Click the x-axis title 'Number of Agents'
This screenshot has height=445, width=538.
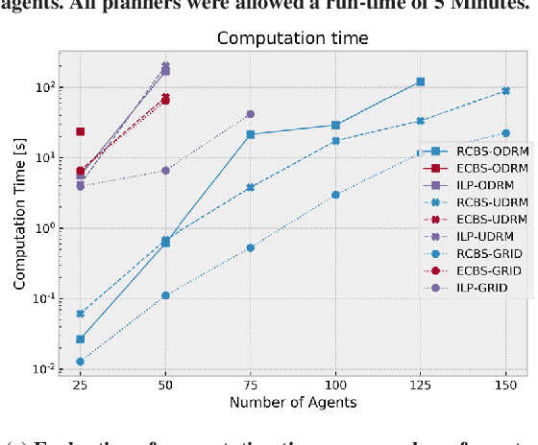point(292,403)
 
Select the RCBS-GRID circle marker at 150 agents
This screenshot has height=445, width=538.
point(505,133)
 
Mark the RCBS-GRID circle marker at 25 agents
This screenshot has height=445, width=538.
point(80,362)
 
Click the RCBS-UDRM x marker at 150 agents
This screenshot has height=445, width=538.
point(505,91)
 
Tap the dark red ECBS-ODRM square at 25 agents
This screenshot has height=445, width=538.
point(80,131)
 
